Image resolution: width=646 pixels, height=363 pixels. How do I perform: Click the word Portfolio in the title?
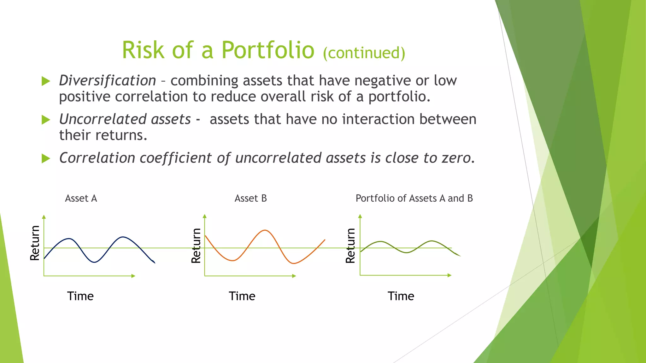(267, 50)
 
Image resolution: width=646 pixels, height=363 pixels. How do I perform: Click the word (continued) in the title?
(364, 53)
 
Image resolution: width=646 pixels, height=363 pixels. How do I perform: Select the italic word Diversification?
(107, 81)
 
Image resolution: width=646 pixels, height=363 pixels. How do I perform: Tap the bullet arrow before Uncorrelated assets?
(46, 120)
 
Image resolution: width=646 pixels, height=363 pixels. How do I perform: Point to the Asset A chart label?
(81, 198)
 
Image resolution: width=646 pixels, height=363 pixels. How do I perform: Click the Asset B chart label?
(250, 198)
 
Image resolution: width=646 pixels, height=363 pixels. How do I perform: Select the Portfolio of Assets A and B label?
(414, 198)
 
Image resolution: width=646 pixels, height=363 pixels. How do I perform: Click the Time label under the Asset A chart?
(80, 296)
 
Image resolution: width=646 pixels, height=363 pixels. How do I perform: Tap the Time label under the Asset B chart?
(242, 296)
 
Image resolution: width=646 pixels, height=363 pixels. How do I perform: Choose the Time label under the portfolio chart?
(401, 296)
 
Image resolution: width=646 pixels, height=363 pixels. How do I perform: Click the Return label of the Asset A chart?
(35, 243)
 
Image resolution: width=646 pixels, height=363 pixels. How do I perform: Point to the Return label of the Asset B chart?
(196, 245)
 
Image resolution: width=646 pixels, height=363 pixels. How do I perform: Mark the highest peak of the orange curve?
(265, 230)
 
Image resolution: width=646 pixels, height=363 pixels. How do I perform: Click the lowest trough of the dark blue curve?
(94, 262)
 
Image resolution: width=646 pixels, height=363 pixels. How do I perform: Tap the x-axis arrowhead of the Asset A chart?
(133, 276)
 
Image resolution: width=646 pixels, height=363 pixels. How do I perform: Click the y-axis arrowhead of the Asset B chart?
(205, 216)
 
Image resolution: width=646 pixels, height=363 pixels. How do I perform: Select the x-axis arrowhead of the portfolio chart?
(449, 275)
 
